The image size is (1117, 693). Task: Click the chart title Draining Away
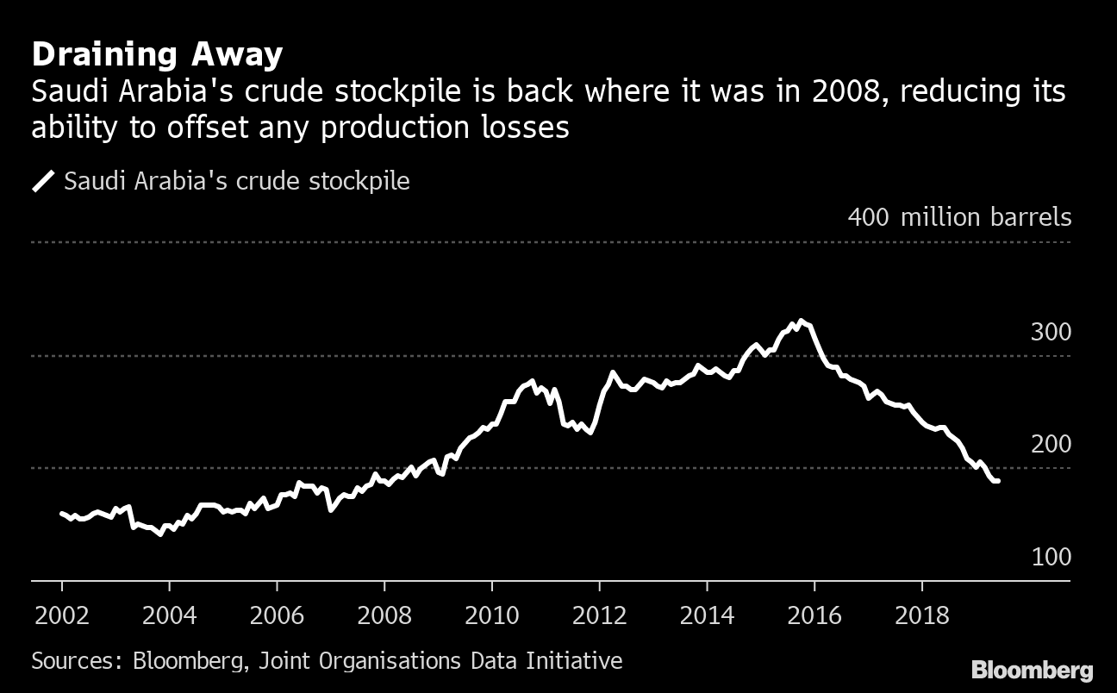pos(157,55)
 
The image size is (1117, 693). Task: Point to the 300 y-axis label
pos(1051,333)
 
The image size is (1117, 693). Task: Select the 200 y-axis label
pos(1051,445)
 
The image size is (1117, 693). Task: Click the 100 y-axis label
pos(1051,558)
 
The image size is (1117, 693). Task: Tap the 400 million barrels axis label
pos(959,217)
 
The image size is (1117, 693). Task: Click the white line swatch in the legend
pos(43,182)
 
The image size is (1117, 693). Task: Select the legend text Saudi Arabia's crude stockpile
pos(237,182)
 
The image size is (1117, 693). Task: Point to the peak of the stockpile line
pos(801,321)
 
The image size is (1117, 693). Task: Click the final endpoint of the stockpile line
pos(998,481)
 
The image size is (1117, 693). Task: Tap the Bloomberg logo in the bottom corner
pos(1033,671)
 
